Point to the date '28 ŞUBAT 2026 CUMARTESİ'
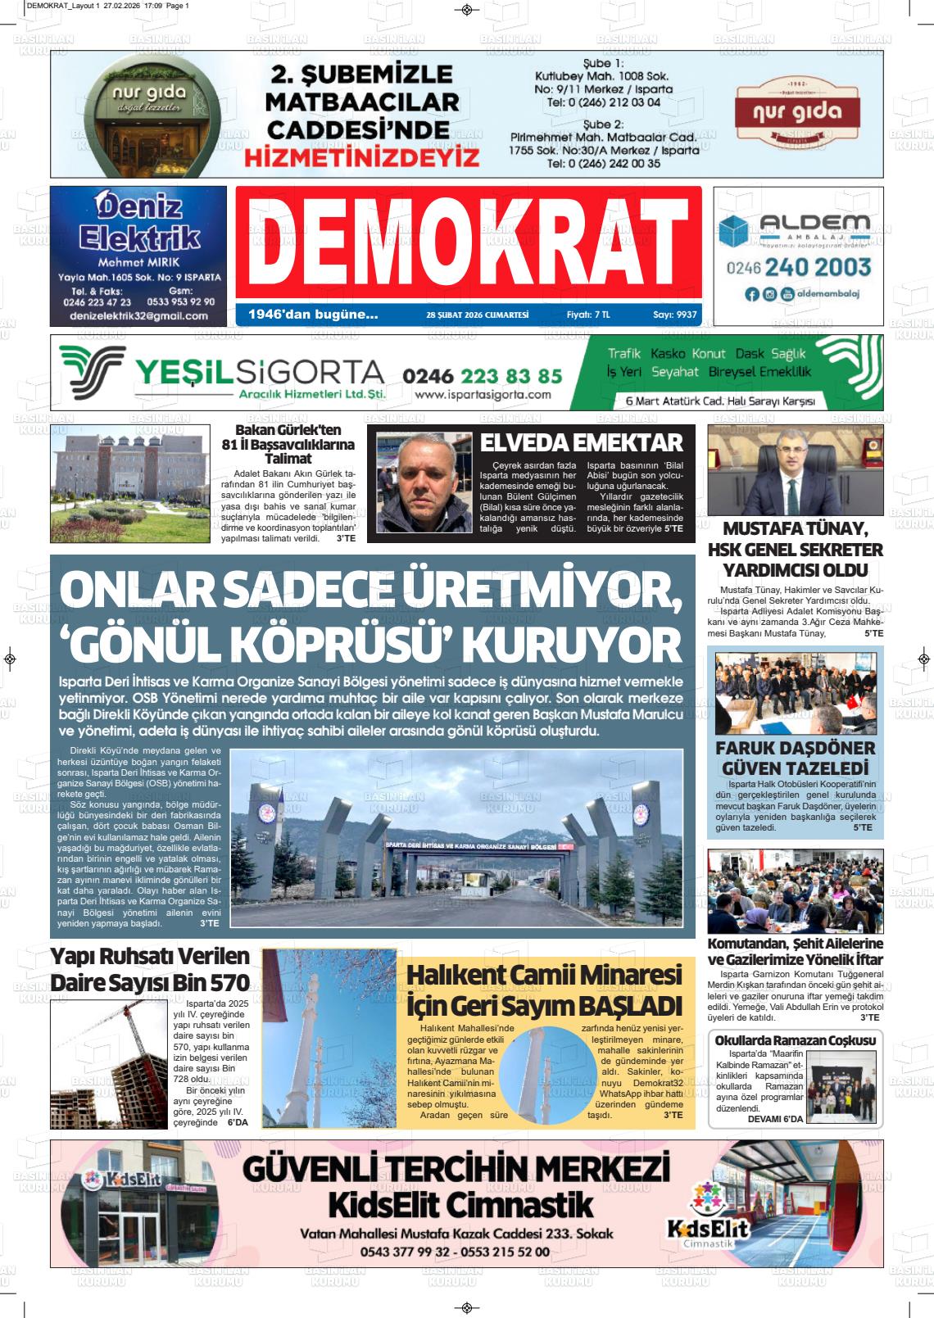tap(478, 315)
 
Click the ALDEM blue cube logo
tap(733, 231)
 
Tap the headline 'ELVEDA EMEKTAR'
tap(581, 442)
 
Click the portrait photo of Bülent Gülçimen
tap(419, 483)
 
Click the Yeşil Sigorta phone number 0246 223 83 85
tap(483, 375)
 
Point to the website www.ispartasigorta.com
tap(483, 394)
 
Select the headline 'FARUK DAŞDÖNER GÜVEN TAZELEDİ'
tap(795, 758)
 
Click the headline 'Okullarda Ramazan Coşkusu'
tap(796, 1040)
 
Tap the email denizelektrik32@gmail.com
tap(138, 315)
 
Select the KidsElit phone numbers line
tap(455, 1252)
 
